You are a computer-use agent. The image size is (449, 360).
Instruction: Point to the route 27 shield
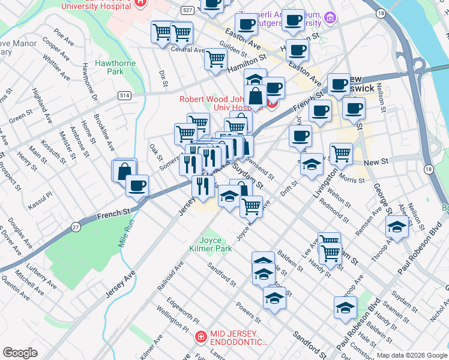pyautogui.click(x=76, y=226)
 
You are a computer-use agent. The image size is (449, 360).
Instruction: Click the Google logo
pyautogui.click(x=20, y=353)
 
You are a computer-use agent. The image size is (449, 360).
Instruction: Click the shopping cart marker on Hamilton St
pyautogui.click(x=215, y=59)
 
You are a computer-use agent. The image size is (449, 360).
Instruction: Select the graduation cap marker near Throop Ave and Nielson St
pyautogui.click(x=396, y=227)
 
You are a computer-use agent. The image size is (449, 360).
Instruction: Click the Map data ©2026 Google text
pyautogui.click(x=411, y=355)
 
